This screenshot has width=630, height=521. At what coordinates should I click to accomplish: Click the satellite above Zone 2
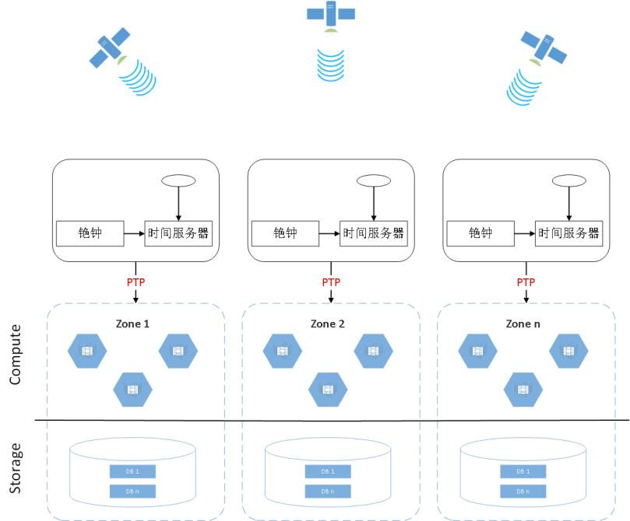point(331,13)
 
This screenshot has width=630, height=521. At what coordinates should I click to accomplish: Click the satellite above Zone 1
point(110,48)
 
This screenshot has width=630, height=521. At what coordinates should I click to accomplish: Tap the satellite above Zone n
point(544,47)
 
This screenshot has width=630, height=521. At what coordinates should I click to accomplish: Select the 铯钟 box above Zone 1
point(90,233)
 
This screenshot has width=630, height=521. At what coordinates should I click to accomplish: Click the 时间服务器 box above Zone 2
point(373,233)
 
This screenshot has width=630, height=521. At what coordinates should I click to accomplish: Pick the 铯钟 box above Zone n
point(480,233)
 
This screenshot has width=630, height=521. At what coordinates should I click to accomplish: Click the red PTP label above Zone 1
point(136,282)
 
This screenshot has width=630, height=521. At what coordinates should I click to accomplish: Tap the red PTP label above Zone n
point(526,282)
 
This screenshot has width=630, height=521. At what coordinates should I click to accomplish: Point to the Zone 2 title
point(328,323)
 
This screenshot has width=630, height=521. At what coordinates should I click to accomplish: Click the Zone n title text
point(523,323)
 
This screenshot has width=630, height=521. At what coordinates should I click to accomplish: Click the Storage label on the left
point(16,468)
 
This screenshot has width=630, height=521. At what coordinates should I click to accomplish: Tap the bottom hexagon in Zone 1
point(132,388)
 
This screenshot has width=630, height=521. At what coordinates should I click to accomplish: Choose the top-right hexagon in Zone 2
point(373,351)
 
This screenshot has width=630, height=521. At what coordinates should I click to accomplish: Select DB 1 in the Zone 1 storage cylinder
point(132,471)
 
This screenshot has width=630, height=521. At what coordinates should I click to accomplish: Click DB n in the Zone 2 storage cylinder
point(328,491)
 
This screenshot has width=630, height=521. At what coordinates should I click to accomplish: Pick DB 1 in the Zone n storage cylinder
point(523,471)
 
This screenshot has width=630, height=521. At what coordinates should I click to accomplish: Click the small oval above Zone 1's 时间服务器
point(178,180)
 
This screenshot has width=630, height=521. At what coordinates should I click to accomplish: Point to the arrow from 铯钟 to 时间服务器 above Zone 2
point(329,233)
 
